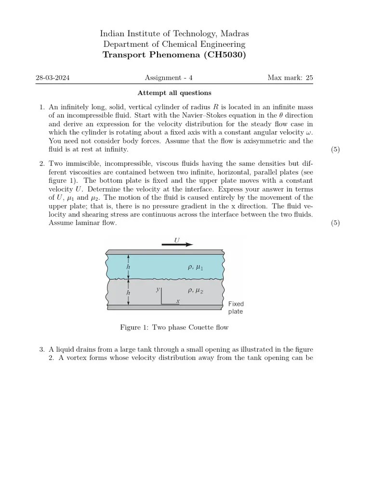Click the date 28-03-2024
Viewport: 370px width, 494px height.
click(53, 78)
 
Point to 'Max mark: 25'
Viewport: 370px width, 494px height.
click(291, 78)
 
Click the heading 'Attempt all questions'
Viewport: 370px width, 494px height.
click(174, 93)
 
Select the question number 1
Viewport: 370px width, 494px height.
click(41, 107)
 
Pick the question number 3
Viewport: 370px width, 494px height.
click(41, 349)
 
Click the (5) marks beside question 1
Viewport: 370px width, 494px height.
click(335, 150)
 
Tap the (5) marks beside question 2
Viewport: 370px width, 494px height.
click(335, 223)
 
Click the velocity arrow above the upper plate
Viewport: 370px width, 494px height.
click(177, 245)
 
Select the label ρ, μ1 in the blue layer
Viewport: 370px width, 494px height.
click(195, 267)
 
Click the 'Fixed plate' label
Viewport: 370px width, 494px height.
click(236, 308)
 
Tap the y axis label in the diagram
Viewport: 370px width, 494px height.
click(158, 289)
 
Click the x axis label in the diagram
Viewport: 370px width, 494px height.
click(178, 301)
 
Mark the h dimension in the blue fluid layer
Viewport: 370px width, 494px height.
click(128, 267)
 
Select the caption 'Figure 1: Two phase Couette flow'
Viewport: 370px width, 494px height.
click(174, 328)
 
